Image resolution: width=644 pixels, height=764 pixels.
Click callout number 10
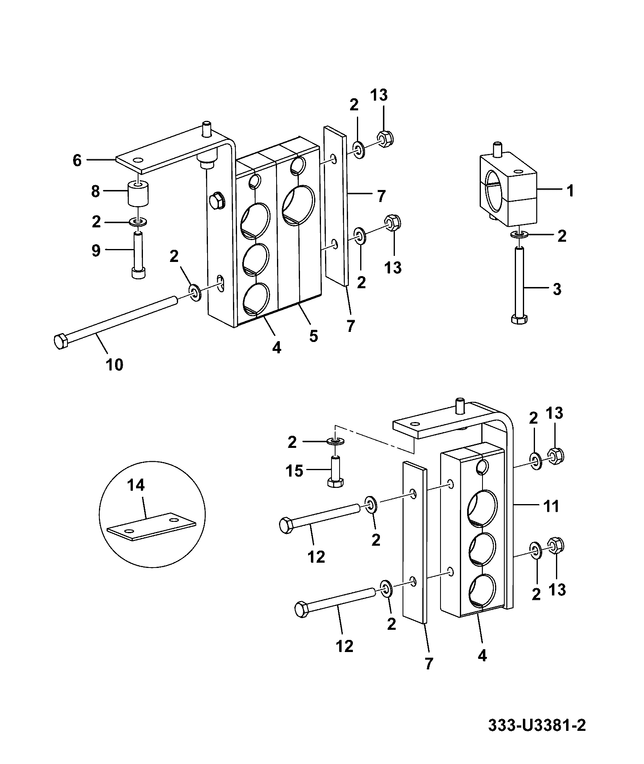[114, 365]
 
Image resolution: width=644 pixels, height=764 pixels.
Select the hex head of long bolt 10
[61, 341]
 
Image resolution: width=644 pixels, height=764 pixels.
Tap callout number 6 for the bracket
[77, 160]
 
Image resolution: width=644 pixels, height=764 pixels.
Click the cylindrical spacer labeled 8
[138, 194]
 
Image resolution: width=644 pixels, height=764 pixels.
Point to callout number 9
[96, 251]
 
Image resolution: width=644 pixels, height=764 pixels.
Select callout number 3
[557, 289]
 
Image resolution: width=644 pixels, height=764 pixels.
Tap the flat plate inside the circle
[151, 527]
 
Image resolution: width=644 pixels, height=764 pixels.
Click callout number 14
[136, 485]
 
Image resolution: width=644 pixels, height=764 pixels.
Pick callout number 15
[294, 471]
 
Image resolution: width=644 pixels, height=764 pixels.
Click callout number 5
[313, 336]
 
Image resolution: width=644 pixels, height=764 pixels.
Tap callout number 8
[95, 192]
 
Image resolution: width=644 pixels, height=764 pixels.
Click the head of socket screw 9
[138, 273]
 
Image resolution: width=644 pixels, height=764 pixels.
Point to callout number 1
[570, 190]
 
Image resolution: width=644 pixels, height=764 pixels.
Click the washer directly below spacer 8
[138, 222]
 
